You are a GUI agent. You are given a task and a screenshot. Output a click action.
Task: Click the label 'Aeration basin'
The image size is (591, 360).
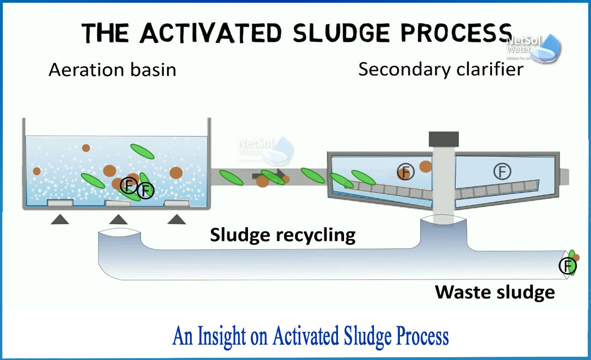[x=112, y=70]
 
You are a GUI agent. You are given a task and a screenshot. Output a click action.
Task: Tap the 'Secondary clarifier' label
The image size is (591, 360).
[x=441, y=69]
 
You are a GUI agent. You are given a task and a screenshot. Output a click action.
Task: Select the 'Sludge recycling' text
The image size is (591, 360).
[x=283, y=235]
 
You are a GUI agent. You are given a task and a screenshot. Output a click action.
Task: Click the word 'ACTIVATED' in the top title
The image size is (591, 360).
[x=212, y=33]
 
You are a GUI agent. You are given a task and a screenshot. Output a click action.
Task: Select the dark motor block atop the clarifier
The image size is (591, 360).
[x=444, y=139]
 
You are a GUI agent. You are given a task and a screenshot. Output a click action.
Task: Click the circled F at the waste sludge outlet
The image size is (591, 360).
[x=567, y=266]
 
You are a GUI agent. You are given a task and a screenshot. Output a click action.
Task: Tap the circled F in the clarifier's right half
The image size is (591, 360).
[x=502, y=172]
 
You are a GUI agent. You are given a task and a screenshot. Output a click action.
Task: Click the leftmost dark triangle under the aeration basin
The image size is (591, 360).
[x=60, y=220]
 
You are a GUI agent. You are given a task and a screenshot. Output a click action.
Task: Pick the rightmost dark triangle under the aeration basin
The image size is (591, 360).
[x=176, y=220]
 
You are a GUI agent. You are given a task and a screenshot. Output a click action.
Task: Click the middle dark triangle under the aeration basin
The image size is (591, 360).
[x=118, y=220]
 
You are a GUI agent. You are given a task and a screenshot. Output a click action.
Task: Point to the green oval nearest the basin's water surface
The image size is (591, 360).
[x=142, y=151]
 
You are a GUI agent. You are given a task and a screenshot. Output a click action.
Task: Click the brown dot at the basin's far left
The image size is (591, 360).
[x=37, y=171]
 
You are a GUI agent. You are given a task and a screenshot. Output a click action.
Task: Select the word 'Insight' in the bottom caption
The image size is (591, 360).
[x=220, y=336]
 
